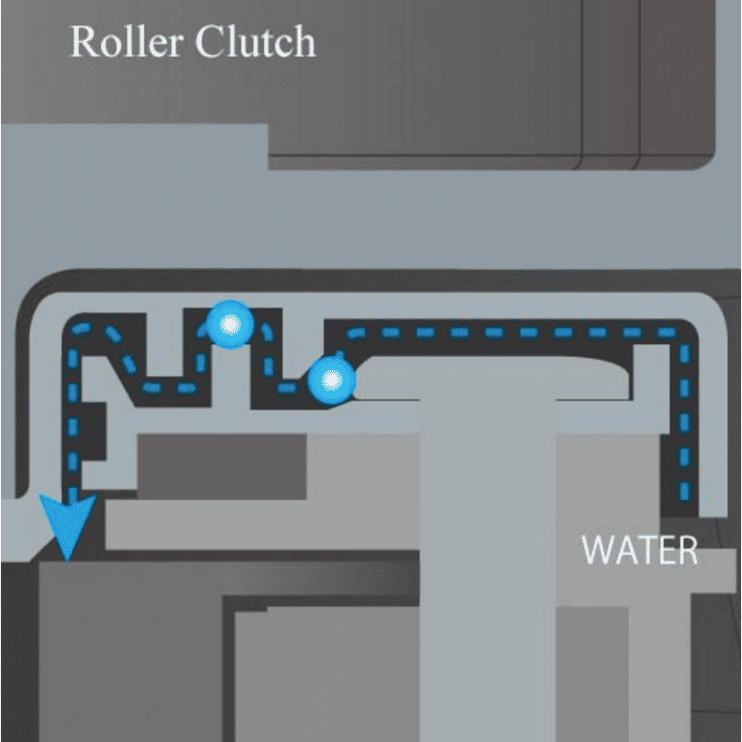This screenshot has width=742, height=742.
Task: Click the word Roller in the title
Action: pos(130,42)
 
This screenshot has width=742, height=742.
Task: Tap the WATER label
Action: pos(639,550)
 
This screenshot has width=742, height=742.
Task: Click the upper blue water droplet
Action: pos(228,325)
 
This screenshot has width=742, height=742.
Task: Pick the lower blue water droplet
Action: pos(331,379)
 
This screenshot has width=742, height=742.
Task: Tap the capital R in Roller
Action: pos(83,42)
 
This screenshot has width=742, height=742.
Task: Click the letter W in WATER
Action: pos(598,550)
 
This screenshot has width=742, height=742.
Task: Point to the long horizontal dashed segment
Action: pos(510,331)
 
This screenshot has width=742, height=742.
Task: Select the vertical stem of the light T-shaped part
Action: pos(488,556)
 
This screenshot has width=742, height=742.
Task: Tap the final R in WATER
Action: pos(686,550)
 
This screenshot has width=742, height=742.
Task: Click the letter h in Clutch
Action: pos(301,42)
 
